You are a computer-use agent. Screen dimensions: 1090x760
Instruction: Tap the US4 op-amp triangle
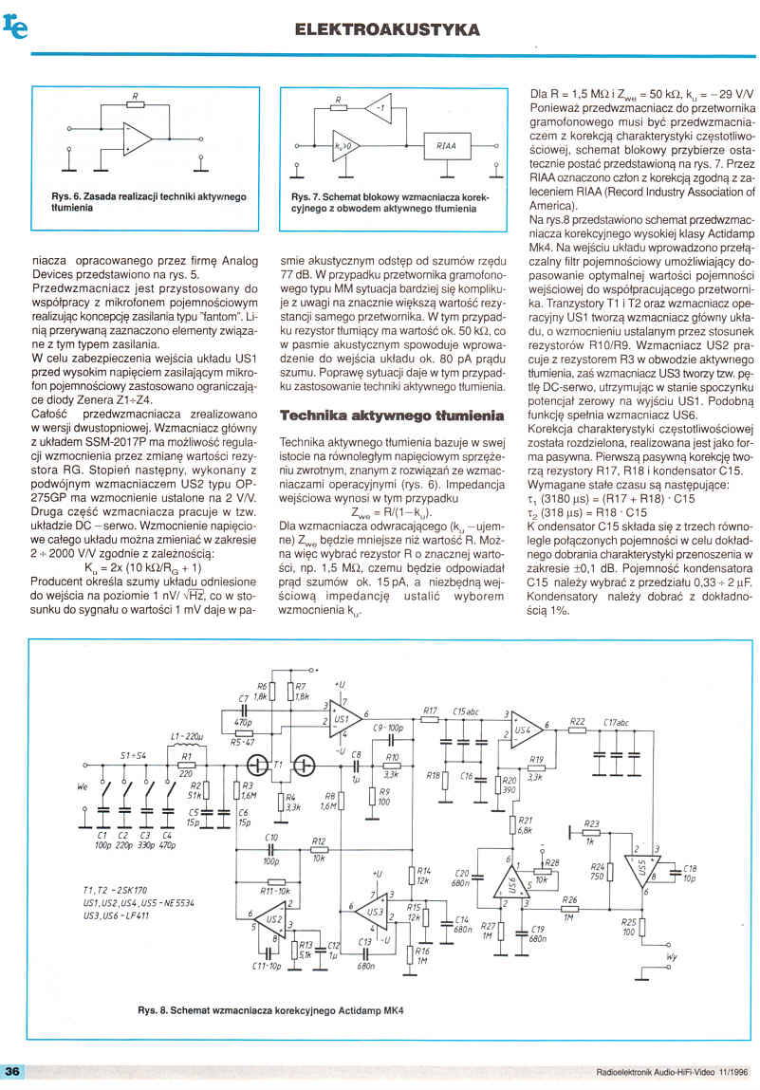pyautogui.click(x=525, y=729)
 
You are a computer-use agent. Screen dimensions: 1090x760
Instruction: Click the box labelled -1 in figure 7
pyautogui.click(x=379, y=108)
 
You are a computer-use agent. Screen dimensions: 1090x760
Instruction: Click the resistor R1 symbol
pyautogui.click(x=187, y=764)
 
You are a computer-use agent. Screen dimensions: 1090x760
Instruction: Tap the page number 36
pyautogui.click(x=13, y=1071)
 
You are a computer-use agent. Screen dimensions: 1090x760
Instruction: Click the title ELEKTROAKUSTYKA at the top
pyautogui.click(x=387, y=30)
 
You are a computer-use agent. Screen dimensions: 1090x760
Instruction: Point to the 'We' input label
pyautogui.click(x=82, y=786)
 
